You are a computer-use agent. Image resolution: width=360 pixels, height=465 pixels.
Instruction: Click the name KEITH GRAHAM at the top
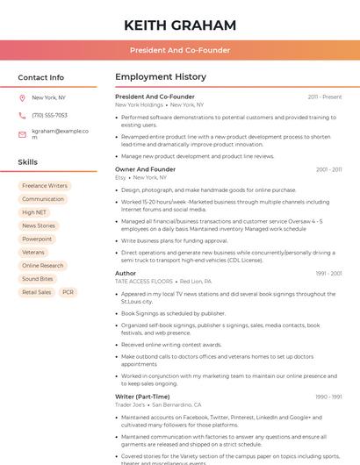[180, 25]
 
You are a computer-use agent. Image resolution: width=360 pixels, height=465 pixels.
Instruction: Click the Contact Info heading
[40, 77]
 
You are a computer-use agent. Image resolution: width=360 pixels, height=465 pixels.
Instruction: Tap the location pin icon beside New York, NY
[22, 98]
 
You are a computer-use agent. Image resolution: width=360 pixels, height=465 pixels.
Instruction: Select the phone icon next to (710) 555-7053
[22, 115]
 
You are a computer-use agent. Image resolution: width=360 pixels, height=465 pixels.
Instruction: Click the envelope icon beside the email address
[22, 134]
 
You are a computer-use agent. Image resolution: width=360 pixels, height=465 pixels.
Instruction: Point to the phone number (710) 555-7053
[49, 115]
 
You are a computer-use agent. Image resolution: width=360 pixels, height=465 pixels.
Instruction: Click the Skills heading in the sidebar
[27, 162]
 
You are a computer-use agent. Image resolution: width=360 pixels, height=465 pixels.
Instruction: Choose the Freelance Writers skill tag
[45, 186]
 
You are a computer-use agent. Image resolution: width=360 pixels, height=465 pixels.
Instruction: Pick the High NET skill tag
[34, 212]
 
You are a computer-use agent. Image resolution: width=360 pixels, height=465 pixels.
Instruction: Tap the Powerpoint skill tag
[37, 239]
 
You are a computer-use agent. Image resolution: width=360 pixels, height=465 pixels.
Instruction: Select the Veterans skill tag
[32, 252]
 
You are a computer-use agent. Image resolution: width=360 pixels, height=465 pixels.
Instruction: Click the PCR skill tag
[68, 292]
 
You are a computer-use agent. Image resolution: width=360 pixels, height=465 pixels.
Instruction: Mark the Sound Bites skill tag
[38, 279]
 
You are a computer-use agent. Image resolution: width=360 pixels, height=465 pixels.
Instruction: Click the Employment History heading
[160, 77]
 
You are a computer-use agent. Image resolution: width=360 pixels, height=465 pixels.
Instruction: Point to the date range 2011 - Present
[325, 97]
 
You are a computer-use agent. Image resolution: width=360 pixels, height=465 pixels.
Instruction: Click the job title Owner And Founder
[145, 169]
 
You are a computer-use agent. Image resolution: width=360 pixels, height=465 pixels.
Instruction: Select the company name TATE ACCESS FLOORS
[144, 281]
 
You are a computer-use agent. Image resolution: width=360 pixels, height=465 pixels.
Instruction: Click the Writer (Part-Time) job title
[142, 397]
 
